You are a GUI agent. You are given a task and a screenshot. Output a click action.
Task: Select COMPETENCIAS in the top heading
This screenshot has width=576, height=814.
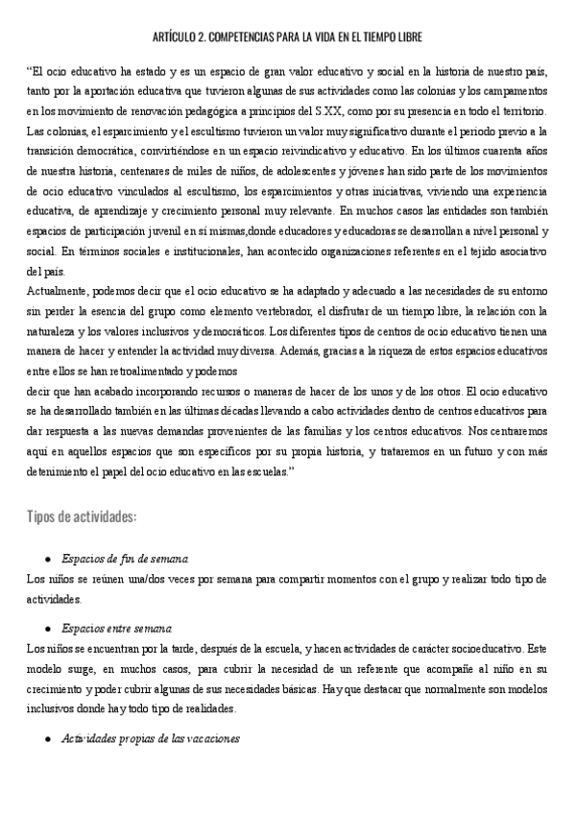261,37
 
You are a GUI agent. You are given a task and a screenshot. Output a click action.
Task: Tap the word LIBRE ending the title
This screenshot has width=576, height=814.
407,37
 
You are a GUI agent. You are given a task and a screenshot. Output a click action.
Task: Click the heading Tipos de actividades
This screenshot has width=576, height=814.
82,516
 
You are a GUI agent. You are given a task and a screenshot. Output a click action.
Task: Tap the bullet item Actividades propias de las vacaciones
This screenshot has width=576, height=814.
150,739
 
